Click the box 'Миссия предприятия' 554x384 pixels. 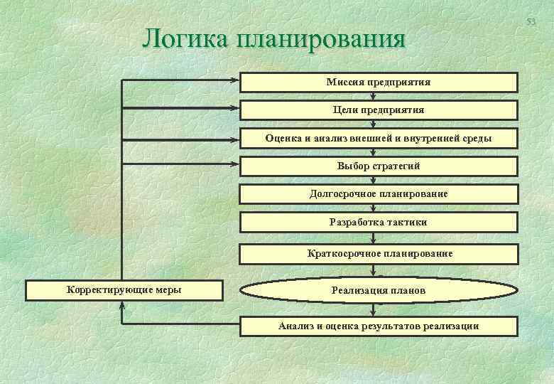379,82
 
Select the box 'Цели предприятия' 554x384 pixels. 379,110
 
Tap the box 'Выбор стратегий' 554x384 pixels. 379,166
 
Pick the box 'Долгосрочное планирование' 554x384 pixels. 379,193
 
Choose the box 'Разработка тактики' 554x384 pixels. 379,222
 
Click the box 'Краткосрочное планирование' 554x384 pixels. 379,253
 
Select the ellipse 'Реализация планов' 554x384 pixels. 379,290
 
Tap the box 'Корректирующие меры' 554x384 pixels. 124,290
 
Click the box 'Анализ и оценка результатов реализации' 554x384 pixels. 379,326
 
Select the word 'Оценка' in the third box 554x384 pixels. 283,138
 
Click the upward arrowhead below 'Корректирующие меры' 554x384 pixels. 123,304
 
